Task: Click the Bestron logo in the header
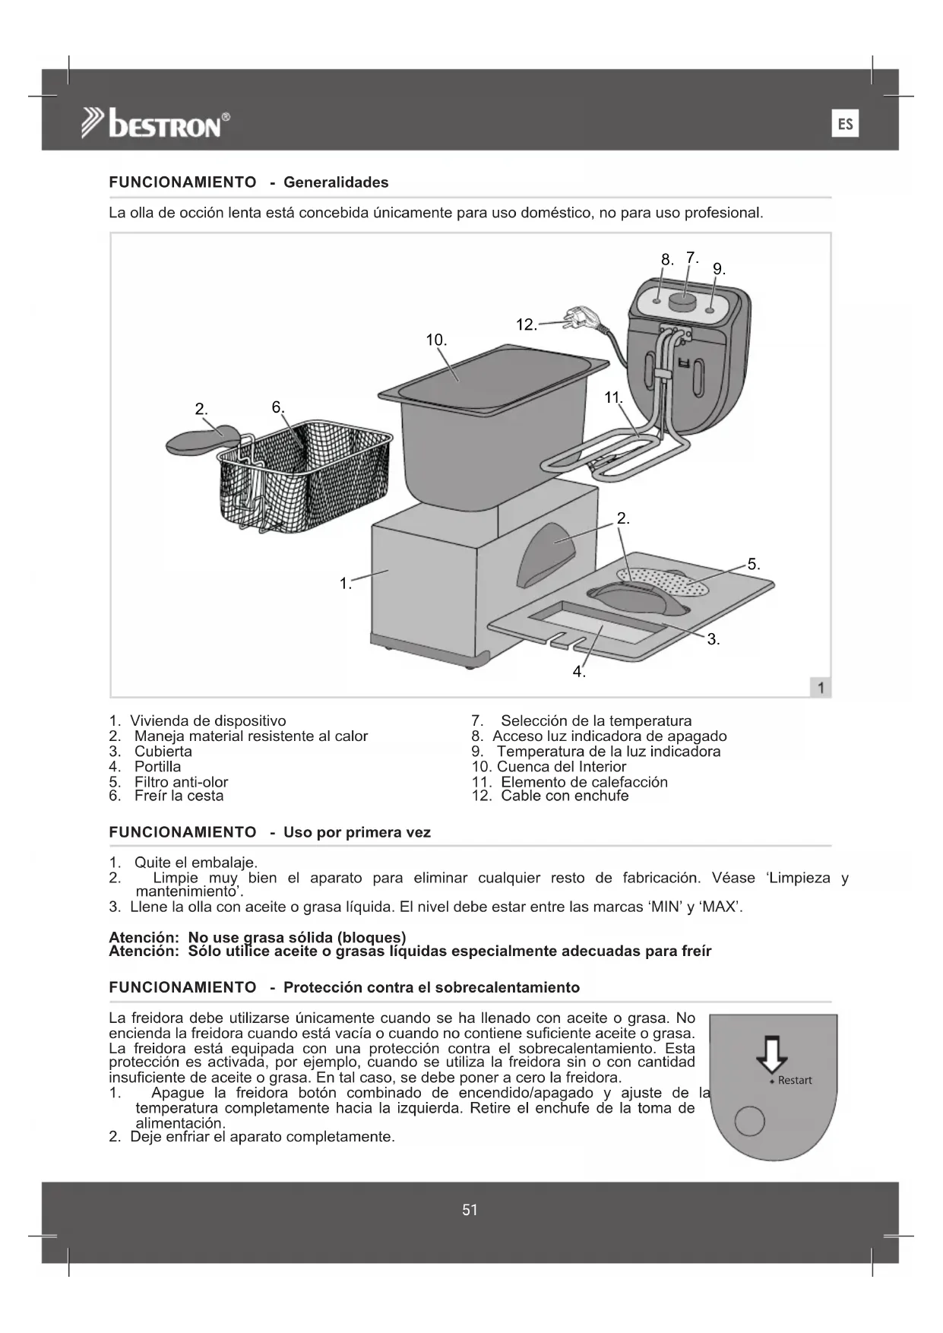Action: (x=156, y=123)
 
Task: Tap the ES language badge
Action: (x=845, y=124)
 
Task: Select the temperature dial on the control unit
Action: (x=682, y=302)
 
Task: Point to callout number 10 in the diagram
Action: (x=435, y=340)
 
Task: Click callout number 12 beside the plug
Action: (x=526, y=325)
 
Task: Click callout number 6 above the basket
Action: (x=277, y=407)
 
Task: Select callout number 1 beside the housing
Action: (x=345, y=584)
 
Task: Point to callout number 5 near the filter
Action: (x=753, y=564)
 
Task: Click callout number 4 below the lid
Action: (x=578, y=672)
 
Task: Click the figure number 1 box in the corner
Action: (x=821, y=688)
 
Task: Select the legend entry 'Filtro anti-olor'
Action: (x=181, y=782)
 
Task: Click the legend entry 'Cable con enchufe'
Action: (x=565, y=796)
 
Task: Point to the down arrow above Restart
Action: (x=772, y=1053)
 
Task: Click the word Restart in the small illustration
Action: (x=795, y=1080)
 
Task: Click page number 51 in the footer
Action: (x=470, y=1210)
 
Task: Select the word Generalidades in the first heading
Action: (x=336, y=182)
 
